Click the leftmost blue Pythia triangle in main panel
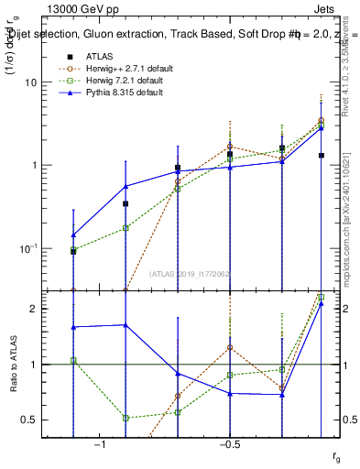pos(73,234)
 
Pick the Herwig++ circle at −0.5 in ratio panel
pos(230,348)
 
